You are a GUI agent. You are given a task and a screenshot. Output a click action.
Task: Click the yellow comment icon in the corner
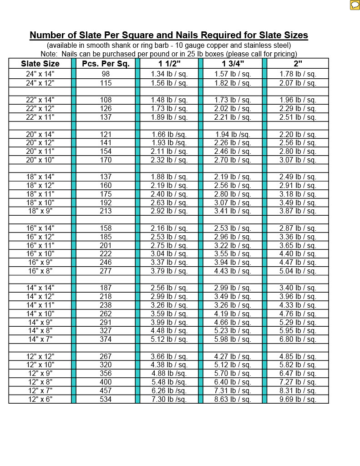tap(355, 5)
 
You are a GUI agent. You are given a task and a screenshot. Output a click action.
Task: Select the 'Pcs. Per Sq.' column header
tap(106, 64)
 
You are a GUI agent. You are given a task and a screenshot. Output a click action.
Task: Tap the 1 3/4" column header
tap(233, 64)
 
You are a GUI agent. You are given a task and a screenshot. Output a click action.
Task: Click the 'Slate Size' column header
tap(40, 64)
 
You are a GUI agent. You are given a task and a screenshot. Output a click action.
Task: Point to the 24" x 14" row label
tap(40, 74)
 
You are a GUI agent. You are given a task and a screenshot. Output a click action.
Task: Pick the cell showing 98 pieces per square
tap(106, 74)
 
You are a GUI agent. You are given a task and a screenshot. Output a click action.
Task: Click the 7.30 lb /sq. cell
tap(169, 399)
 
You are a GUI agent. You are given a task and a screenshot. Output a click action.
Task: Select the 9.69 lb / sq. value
tap(298, 399)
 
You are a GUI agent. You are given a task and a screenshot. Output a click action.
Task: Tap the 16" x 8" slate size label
tap(40, 271)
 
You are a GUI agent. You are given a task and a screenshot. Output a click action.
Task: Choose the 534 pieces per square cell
tap(106, 399)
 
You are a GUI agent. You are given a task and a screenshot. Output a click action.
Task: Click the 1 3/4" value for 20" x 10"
tap(233, 160)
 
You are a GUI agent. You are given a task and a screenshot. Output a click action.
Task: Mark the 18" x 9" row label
tap(40, 211)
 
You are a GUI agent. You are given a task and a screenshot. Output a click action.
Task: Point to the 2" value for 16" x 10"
tap(298, 254)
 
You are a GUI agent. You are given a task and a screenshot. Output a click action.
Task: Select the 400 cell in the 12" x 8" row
tap(106, 382)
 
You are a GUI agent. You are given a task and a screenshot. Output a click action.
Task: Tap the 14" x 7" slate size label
tap(40, 339)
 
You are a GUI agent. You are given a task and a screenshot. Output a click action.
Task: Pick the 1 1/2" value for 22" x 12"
tap(169, 109)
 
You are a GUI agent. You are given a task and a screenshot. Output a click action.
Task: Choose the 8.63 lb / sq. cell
tap(233, 399)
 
